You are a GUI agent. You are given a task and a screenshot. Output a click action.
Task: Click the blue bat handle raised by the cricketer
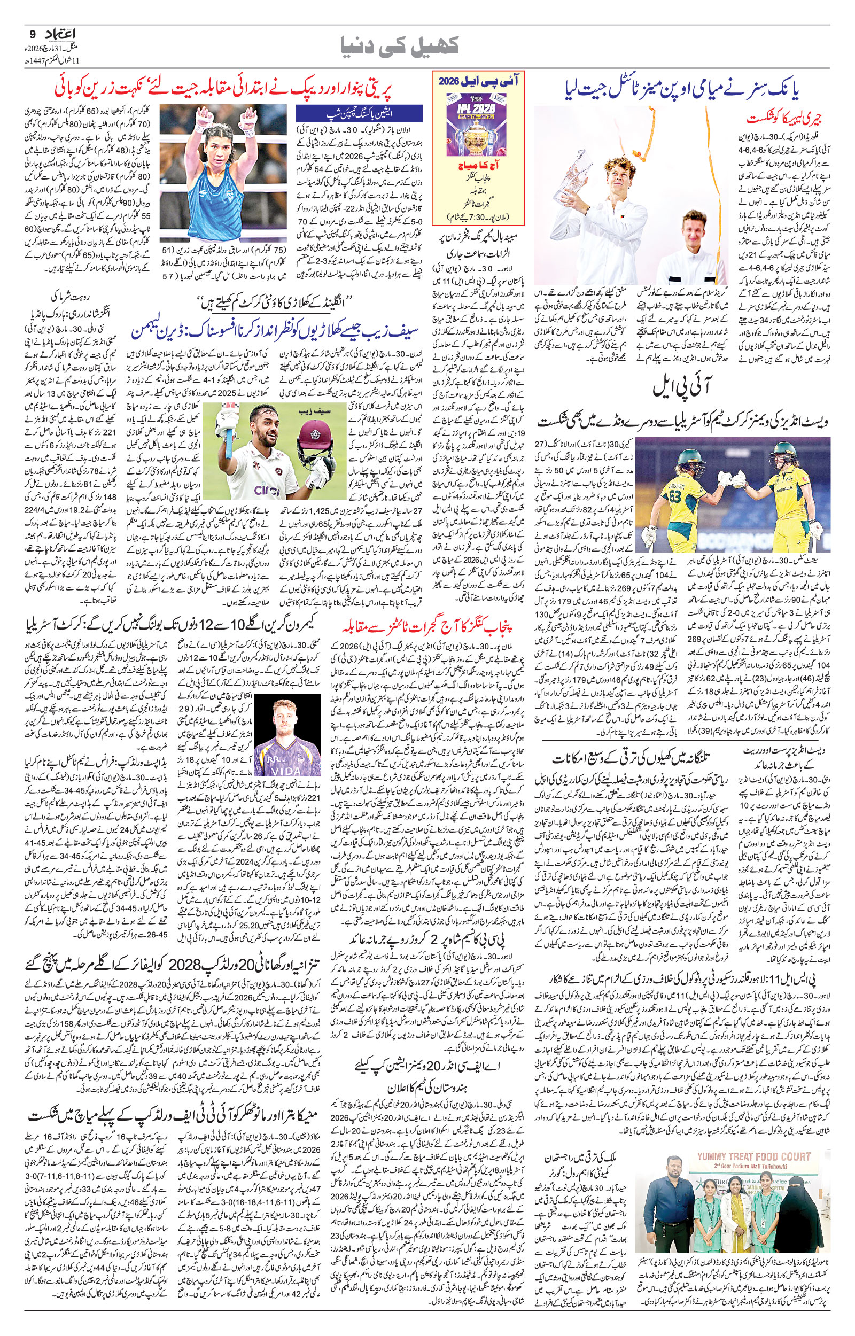click(227, 421)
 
